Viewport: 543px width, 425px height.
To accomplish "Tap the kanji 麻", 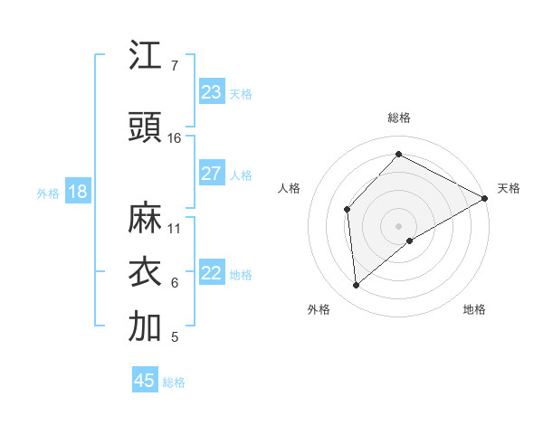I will [x=145, y=218].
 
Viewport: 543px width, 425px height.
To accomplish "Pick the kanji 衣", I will [x=145, y=272].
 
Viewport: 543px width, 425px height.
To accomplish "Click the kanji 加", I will [x=145, y=326].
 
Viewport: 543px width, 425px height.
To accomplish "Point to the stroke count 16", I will [x=175, y=137].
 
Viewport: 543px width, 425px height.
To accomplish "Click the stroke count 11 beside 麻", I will [x=175, y=228].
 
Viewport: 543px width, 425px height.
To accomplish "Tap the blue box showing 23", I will [x=212, y=92].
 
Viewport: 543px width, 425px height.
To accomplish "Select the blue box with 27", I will [x=212, y=174].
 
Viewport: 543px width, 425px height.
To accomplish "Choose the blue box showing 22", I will [x=212, y=273].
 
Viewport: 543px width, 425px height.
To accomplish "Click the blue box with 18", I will [x=77, y=192].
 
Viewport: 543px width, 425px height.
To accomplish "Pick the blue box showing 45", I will [x=145, y=381].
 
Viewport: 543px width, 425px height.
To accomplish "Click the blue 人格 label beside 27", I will [x=241, y=175].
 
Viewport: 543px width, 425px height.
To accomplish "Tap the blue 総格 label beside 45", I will [x=174, y=382].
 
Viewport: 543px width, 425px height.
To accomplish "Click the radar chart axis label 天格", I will [x=509, y=188].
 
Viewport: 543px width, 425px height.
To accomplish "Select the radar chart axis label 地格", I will [x=474, y=310].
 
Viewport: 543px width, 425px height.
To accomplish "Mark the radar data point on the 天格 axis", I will [x=485, y=198].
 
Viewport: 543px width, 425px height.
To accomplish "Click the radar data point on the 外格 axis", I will [x=357, y=286].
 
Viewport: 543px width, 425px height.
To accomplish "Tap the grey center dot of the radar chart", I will [x=398, y=225].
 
